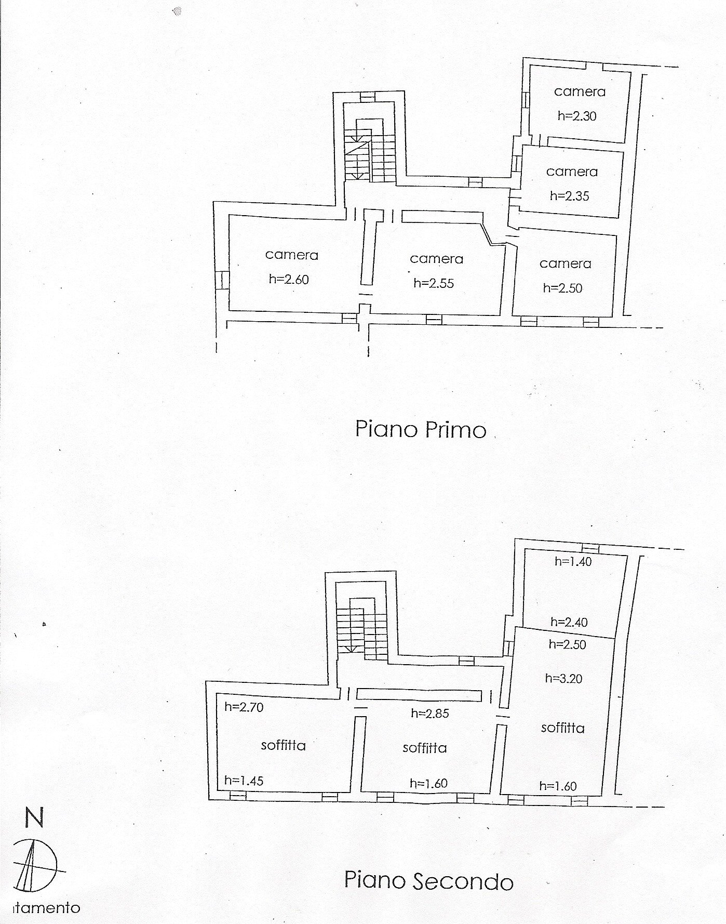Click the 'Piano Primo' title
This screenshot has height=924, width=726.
pyautogui.click(x=421, y=430)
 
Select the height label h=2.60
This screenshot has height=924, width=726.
pyautogui.click(x=289, y=279)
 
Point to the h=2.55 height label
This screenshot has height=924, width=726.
pyautogui.click(x=434, y=283)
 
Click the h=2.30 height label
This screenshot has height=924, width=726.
pyautogui.click(x=577, y=116)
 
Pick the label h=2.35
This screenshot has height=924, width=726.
pyautogui.click(x=570, y=196)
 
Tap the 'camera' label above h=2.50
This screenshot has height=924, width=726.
pyautogui.click(x=566, y=263)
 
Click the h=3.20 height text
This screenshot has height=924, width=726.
pyautogui.click(x=564, y=678)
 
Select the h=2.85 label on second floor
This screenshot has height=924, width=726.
pyautogui.click(x=430, y=713)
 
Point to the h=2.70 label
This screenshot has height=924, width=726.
pyautogui.click(x=244, y=706)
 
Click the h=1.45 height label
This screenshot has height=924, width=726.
pyautogui.click(x=244, y=780)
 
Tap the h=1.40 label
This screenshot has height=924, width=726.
pyautogui.click(x=573, y=561)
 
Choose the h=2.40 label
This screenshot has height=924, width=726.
pyautogui.click(x=569, y=622)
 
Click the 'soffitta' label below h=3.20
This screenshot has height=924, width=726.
pyautogui.click(x=563, y=728)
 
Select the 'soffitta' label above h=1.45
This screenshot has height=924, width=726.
pyautogui.click(x=284, y=745)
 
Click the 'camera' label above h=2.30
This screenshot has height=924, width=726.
pyautogui.click(x=580, y=91)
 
